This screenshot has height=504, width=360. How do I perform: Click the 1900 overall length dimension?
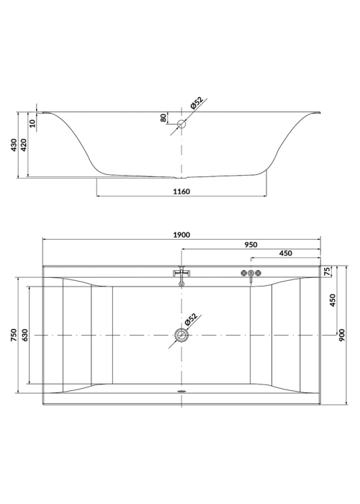[x=181, y=235]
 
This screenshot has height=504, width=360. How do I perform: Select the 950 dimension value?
[x=251, y=245]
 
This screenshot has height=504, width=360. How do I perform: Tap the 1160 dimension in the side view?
[x=181, y=192]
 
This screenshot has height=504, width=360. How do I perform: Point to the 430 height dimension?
[x=14, y=145]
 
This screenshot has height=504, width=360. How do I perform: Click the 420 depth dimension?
[x=24, y=145]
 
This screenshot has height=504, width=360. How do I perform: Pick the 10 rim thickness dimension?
[x=33, y=123]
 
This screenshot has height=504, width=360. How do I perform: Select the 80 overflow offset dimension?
[x=163, y=118]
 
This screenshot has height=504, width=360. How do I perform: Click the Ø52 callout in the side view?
[x=197, y=103]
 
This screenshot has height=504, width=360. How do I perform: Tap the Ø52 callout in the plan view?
[x=191, y=320]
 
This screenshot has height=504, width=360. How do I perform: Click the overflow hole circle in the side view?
[x=182, y=124]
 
